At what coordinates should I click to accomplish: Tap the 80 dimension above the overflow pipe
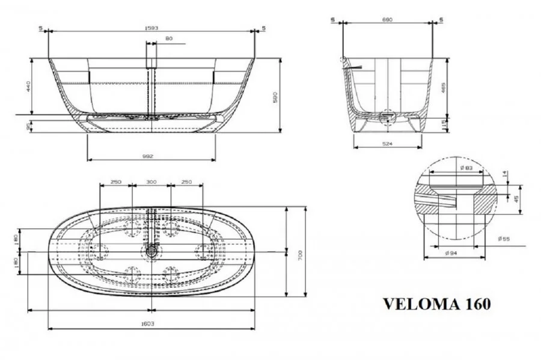coord(168,39)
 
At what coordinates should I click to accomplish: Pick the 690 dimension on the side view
coord(387,20)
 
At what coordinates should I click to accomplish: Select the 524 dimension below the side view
coord(386,144)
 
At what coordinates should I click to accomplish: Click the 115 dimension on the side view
coord(443,123)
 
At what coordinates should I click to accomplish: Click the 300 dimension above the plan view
coord(151,182)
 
